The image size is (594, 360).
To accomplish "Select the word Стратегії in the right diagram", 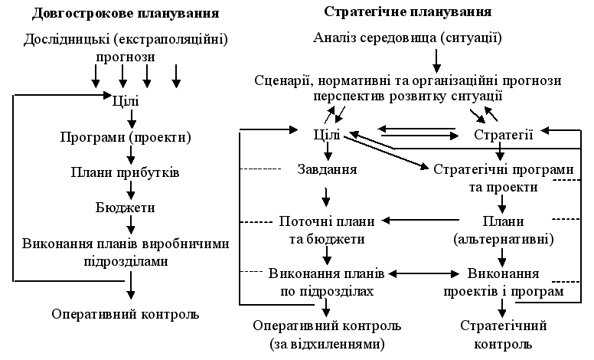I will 503,134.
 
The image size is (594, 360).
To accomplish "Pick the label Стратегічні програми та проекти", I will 503,177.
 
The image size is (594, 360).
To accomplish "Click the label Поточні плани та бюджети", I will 326,230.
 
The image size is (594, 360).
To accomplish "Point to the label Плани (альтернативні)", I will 503,230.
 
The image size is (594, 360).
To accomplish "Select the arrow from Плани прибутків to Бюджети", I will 132,190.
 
